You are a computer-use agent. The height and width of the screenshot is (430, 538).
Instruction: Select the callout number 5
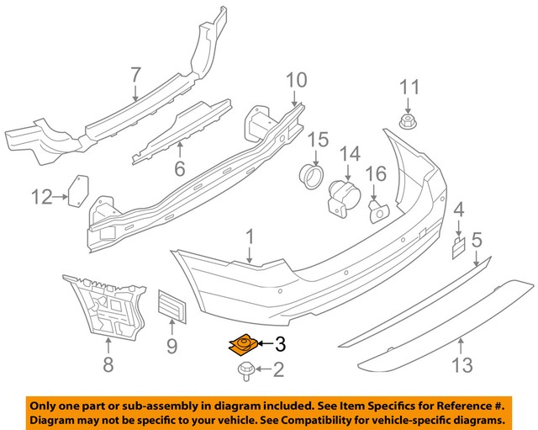coord(476,241)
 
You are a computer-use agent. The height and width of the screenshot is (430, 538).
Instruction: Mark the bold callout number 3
coord(281,343)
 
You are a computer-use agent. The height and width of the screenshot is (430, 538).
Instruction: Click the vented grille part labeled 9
coord(171,305)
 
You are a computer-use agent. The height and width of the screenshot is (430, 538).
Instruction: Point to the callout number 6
coord(179,169)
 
